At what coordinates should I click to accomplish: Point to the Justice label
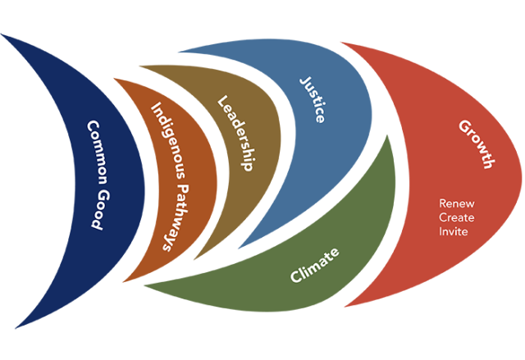click(x=312, y=99)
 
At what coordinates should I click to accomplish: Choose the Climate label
click(x=315, y=263)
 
